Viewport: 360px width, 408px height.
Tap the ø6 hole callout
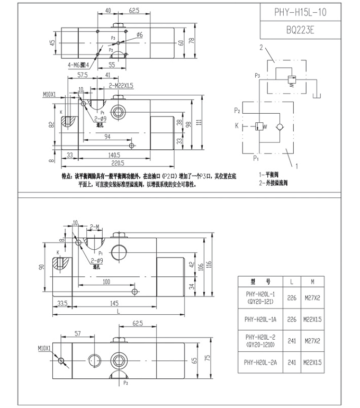pos(140,35)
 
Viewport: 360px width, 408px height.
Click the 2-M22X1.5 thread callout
pos(120,85)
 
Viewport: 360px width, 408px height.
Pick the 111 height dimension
pos(199,122)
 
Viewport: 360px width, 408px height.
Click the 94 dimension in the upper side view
pos(107,137)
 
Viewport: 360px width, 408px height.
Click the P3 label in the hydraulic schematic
pos(258,76)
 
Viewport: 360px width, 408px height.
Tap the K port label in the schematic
pos(237,125)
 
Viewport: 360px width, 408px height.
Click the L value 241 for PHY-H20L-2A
pos(291,364)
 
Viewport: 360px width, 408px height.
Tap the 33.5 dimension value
pos(61,304)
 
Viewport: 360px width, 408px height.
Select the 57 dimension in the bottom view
pos(77,334)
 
